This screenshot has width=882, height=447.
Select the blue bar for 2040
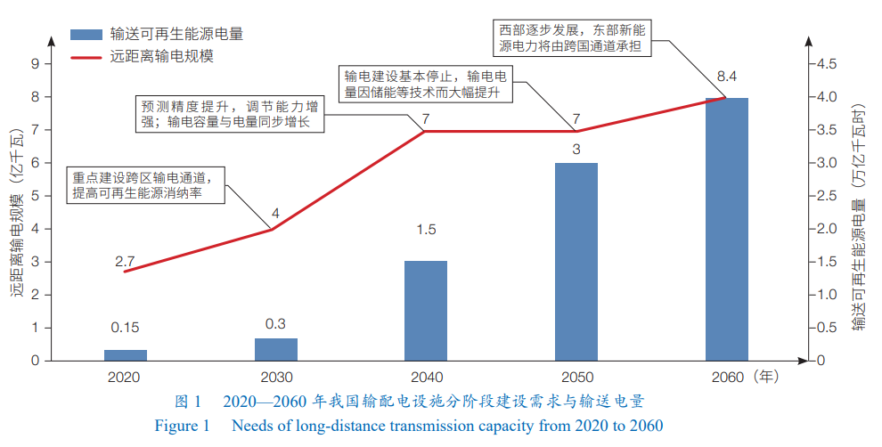point(425,311)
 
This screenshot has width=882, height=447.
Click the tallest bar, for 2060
point(726,229)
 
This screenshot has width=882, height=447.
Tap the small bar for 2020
point(125,355)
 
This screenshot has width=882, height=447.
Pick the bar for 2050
point(576,262)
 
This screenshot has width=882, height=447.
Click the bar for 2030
point(275,349)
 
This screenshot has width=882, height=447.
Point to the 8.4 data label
point(727,75)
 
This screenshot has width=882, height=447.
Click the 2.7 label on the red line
point(125,262)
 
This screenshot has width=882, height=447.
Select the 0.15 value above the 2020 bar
point(125,327)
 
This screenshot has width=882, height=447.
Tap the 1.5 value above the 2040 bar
point(426,230)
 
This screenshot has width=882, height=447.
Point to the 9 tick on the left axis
point(35,64)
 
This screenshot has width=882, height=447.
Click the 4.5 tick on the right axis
point(826,64)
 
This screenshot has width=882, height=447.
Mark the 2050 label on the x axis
point(576,377)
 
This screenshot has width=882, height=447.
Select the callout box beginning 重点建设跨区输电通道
point(145,183)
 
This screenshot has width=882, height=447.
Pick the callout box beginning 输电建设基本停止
point(429,84)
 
